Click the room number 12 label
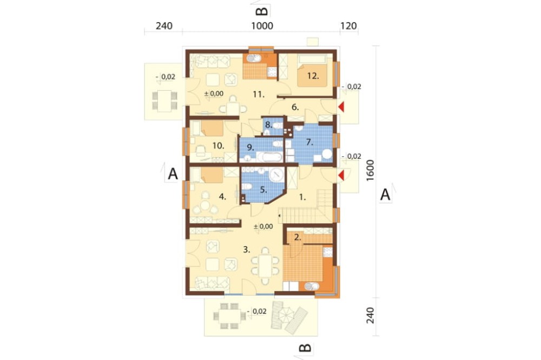pos(313,76)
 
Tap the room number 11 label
pos(259,94)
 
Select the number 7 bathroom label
pos(309,142)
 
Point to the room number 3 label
pos(246,250)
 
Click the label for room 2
pos(298,237)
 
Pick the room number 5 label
pos(263,190)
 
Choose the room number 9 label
pos(250,148)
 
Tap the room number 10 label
pos(218,146)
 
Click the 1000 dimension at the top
pos(262,26)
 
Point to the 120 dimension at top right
pos(348,26)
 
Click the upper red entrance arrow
pos(341,107)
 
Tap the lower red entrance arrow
pos(341,176)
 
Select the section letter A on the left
pos(173,174)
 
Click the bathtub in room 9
pos(273,158)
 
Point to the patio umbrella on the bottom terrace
pos(287,314)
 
